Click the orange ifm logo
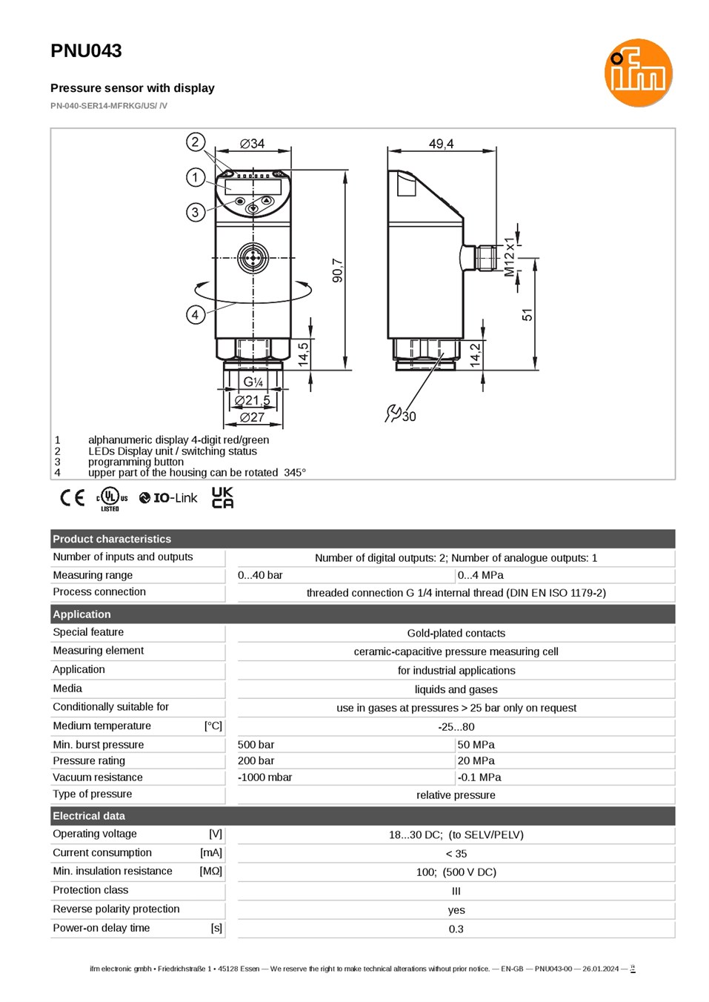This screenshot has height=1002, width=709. (x=638, y=73)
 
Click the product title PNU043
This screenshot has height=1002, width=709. (x=86, y=50)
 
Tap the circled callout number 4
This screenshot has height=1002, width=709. (x=196, y=315)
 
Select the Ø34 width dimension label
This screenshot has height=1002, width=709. (x=252, y=144)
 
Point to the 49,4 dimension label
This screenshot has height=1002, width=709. (x=442, y=144)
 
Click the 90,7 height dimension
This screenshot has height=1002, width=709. (x=338, y=271)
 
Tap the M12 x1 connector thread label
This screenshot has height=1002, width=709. (x=509, y=257)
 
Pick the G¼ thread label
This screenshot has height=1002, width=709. (x=253, y=382)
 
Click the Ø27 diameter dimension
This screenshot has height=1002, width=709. (x=252, y=417)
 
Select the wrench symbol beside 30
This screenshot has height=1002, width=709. (x=393, y=413)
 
